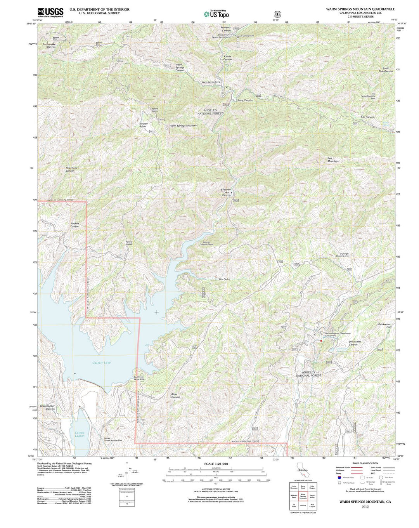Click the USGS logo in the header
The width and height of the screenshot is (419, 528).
point(50,12)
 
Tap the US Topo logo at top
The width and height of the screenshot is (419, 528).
point(216,14)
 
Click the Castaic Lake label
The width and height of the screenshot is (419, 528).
point(101,363)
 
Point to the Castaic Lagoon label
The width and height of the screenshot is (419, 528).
point(80,434)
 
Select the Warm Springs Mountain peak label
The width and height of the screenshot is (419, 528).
point(183,125)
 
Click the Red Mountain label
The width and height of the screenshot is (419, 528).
point(333,160)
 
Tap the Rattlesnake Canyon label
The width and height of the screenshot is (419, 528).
point(49,45)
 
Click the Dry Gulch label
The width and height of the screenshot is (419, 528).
point(224,279)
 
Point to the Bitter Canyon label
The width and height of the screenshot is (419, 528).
point(175,396)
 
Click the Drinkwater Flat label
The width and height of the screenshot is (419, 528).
point(384,325)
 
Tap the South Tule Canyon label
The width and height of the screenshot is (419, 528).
point(386,69)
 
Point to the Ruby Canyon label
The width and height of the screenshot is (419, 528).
point(245,100)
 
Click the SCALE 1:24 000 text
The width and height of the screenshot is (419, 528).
point(216,464)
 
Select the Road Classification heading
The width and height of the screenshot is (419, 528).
point(365,463)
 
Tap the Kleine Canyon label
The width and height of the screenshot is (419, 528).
point(227,57)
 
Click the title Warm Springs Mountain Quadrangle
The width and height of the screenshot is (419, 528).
point(360,9)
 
